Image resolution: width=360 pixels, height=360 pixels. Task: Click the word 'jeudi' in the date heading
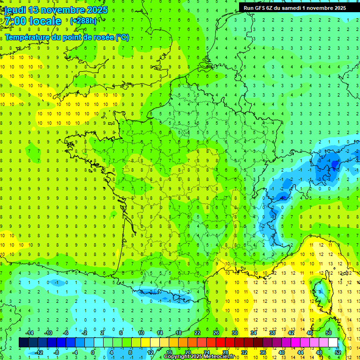click(x=15, y=10)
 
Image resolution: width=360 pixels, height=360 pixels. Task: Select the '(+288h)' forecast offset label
click(x=83, y=21)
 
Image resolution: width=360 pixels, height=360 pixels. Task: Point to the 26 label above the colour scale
click(x=216, y=333)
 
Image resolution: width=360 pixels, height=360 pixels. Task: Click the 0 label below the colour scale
click(x=93, y=352)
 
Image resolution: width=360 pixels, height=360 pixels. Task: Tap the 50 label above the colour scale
click(x=328, y=333)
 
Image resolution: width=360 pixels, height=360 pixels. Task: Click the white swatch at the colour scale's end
click(x=333, y=343)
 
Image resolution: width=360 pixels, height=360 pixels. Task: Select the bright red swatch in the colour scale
click(x=220, y=343)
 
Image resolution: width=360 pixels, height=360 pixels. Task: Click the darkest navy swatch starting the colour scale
click(x=23, y=343)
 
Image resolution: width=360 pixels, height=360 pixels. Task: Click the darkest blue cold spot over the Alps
click(x=334, y=164)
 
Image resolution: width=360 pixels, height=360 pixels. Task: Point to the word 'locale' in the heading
click(x=45, y=21)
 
